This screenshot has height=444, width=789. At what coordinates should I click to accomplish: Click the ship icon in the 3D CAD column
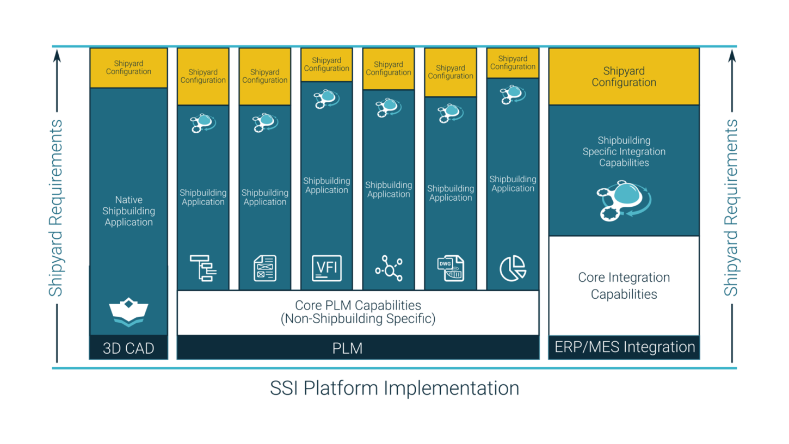pyautogui.click(x=128, y=312)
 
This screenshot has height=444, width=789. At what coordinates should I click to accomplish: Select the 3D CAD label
pyautogui.click(x=128, y=348)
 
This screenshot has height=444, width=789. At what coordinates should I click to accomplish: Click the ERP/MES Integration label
pyautogui.click(x=624, y=347)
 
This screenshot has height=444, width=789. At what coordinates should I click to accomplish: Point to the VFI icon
pyautogui.click(x=326, y=268)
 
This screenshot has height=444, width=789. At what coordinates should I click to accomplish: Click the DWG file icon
pyautogui.click(x=451, y=268)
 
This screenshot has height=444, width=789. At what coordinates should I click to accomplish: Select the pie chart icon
pyautogui.click(x=513, y=268)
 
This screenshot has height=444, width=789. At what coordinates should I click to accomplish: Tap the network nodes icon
pyautogui.click(x=389, y=268)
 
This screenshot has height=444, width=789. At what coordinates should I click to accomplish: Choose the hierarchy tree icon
pyautogui.click(x=203, y=268)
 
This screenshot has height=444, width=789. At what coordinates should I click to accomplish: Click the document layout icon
pyautogui.click(x=265, y=268)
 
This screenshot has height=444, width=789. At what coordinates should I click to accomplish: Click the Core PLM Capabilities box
pyautogui.click(x=357, y=312)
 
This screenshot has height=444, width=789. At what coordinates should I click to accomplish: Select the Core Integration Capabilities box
pyautogui.click(x=624, y=286)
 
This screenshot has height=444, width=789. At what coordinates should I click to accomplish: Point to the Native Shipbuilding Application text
pyautogui.click(x=128, y=211)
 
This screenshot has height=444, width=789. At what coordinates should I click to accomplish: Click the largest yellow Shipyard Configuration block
pyautogui.click(x=624, y=77)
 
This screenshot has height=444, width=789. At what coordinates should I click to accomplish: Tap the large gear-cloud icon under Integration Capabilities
pyautogui.click(x=624, y=201)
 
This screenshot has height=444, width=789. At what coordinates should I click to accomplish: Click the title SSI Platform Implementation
pyautogui.click(x=394, y=388)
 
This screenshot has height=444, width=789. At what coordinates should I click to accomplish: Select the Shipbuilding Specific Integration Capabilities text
pyautogui.click(x=624, y=151)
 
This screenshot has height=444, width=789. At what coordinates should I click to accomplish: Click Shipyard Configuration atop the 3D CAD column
pyautogui.click(x=128, y=67)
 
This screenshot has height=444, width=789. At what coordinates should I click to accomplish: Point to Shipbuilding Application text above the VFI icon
pyautogui.click(x=326, y=186)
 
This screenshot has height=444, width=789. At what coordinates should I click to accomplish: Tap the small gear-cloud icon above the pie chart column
pyautogui.click(x=513, y=95)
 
